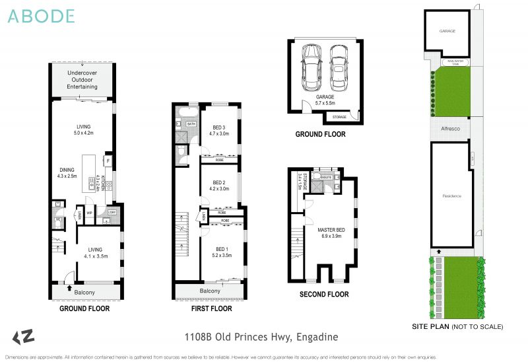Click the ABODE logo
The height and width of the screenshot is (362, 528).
41,17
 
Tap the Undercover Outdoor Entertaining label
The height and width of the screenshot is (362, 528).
82,79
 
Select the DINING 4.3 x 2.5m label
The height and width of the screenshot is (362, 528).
66,172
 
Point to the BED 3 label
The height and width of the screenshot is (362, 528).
220,130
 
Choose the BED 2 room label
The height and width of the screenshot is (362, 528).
220,186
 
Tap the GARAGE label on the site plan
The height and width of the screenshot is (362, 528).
447,31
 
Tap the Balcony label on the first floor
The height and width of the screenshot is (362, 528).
210,291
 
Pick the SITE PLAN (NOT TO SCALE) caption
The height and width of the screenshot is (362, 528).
457,326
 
